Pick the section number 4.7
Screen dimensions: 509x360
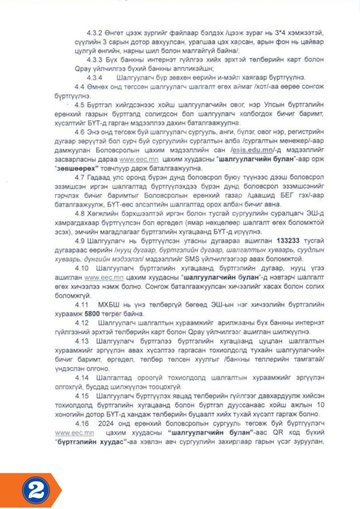[80, 177]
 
